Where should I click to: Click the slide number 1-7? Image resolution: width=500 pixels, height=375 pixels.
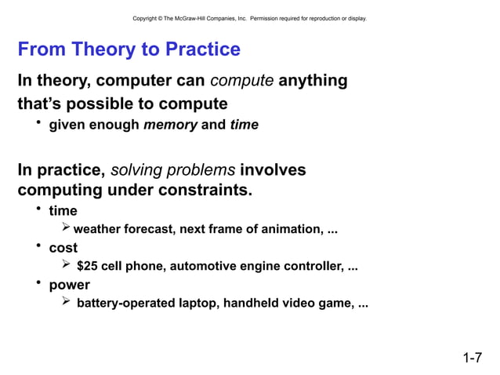coord(472,359)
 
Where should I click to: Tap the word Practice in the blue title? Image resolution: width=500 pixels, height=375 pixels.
coord(201,50)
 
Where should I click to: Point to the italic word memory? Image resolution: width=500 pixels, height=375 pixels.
coord(170,125)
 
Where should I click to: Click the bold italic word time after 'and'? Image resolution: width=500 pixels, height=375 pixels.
coord(244,125)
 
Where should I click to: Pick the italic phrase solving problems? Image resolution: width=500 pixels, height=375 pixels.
coord(173,171)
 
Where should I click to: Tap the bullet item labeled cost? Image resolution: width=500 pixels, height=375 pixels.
coord(63,248)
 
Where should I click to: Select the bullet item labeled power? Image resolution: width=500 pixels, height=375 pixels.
coord(69,285)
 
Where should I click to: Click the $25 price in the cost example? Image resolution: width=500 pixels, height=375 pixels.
coord(87,267)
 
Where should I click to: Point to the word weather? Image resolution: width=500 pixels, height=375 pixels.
coord(97,230)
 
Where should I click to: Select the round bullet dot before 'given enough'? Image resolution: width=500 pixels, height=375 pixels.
coord(37,124)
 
